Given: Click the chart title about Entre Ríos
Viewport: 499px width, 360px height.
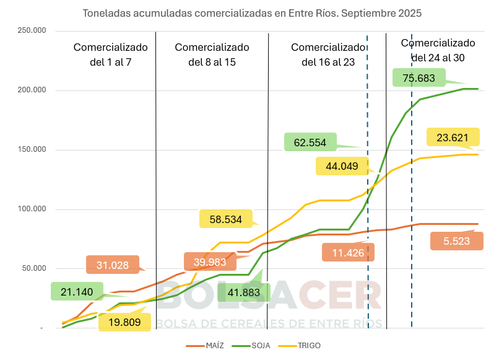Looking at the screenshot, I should click(x=252, y=12).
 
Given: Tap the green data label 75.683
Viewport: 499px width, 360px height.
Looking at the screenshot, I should click(x=419, y=78).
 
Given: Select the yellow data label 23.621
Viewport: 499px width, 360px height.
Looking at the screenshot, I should click(x=453, y=138).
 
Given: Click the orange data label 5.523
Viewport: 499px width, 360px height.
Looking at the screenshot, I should click(x=456, y=241).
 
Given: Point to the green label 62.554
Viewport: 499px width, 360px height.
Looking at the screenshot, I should click(x=310, y=142).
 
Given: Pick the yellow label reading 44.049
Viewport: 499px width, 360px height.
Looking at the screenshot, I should click(x=342, y=166).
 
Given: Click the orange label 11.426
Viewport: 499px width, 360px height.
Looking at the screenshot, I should click(x=349, y=252).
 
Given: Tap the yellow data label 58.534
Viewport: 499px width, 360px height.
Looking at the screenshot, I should click(x=225, y=219).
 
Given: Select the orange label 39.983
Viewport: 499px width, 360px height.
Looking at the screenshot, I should click(x=210, y=261).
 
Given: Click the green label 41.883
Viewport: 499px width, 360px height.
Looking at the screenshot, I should click(x=243, y=292).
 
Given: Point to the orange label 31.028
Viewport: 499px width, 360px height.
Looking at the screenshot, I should click(x=113, y=265).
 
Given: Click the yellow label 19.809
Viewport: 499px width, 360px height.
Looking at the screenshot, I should click(x=124, y=322).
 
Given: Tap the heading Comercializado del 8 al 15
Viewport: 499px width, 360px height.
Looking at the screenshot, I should click(x=212, y=55).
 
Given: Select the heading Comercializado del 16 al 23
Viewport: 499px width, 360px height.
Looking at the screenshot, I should click(x=328, y=55).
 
